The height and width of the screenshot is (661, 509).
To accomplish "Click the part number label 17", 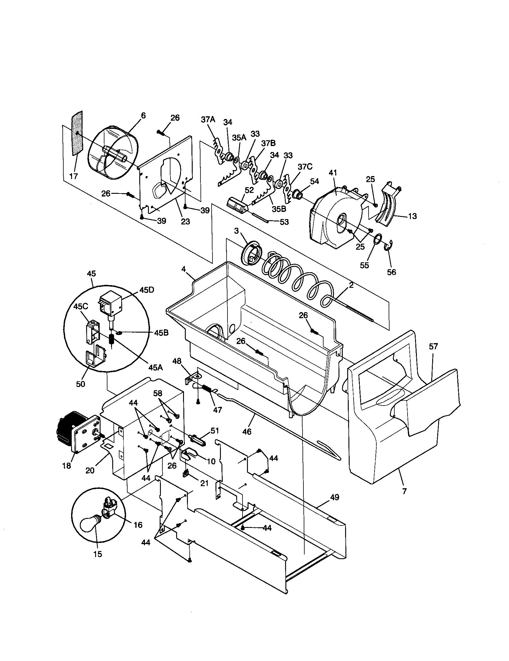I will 74,176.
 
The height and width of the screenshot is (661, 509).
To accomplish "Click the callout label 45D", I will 146,290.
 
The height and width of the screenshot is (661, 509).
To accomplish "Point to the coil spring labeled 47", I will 207,388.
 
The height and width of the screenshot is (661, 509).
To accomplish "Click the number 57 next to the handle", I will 433,346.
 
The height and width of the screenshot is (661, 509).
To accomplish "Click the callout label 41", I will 333,173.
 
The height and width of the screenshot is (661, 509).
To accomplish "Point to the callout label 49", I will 335,497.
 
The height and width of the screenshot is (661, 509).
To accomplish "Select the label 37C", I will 305,166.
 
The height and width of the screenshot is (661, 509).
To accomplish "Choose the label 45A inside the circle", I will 156,367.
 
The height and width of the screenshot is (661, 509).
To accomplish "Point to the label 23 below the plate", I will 185,221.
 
